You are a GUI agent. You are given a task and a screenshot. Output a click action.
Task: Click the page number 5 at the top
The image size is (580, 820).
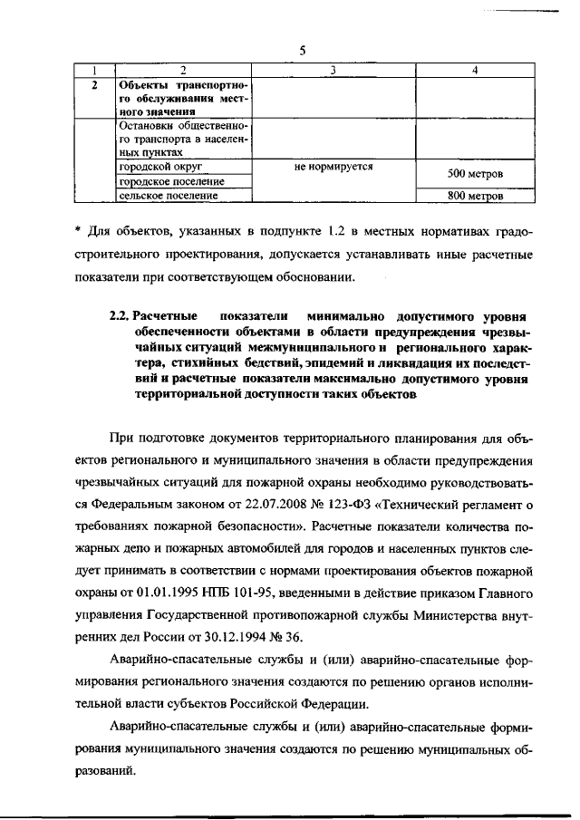coord(302,51)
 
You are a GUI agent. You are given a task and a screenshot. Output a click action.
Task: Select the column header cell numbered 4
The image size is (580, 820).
coord(476,71)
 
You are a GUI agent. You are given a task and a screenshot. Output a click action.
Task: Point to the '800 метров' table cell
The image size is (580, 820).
coord(476,195)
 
